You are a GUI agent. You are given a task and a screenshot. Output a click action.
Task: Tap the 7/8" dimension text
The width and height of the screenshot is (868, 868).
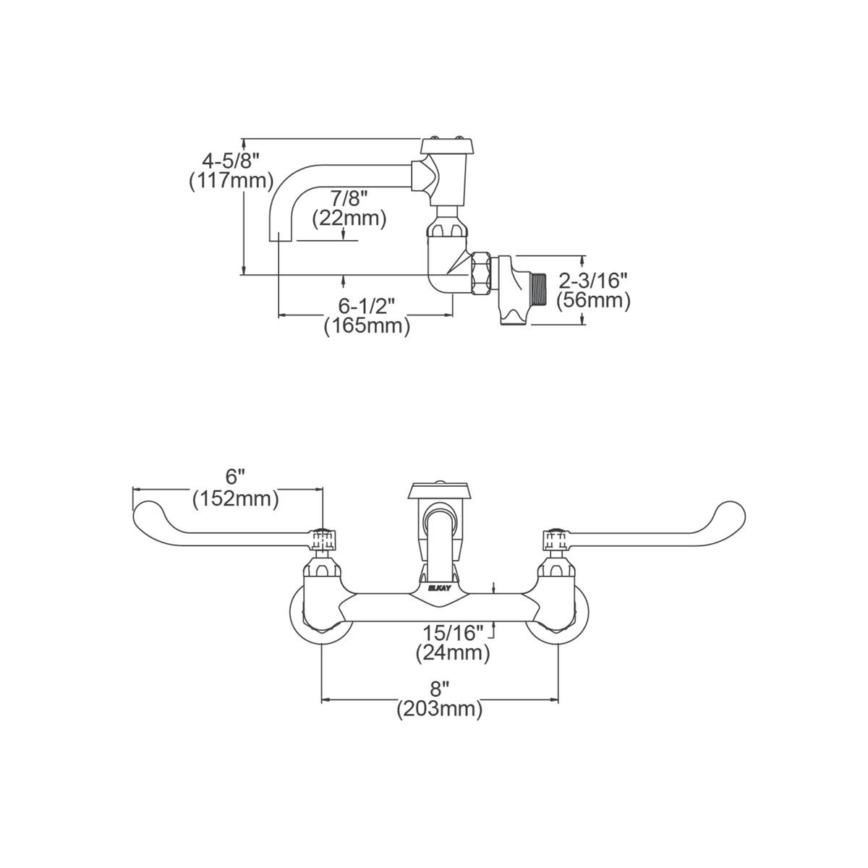pos(349,197)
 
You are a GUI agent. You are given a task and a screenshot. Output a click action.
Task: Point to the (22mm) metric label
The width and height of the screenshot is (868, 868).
pos(349,218)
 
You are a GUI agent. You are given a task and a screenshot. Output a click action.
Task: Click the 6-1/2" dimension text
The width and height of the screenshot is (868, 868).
pos(367,304)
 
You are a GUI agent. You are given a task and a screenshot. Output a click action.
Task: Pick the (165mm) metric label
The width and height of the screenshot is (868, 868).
pos(367,325)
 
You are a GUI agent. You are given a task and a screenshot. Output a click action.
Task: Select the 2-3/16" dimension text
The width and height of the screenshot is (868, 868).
pos(593,278)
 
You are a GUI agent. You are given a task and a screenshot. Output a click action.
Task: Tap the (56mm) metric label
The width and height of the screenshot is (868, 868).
pos(593,299)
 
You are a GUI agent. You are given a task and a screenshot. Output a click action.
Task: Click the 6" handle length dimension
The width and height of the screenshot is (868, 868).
pos(235,477)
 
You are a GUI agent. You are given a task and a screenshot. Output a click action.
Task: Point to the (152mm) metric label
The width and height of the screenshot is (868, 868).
pos(235,499)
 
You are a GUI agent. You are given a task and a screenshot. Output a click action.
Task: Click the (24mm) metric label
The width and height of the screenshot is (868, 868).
pos(453,654)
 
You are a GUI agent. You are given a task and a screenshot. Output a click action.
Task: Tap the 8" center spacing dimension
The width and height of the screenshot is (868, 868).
pos(439,688)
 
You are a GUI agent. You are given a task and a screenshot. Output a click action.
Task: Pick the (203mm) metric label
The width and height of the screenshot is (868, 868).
pos(439,710)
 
